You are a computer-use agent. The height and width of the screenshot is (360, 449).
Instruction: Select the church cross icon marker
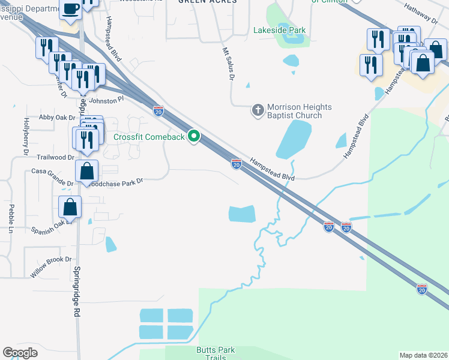[257, 110]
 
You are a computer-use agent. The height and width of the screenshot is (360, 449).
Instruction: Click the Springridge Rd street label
[77, 291]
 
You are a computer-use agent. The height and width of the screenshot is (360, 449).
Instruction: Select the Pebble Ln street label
[11, 218]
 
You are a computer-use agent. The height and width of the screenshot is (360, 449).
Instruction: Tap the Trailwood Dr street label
[55, 157]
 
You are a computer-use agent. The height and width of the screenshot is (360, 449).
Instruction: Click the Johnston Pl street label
[106, 100]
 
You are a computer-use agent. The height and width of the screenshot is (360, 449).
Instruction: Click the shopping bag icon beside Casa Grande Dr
[87, 170]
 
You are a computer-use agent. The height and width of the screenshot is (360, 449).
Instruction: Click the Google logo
[20, 353]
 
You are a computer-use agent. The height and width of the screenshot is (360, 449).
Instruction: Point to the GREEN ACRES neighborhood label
[207, 2]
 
